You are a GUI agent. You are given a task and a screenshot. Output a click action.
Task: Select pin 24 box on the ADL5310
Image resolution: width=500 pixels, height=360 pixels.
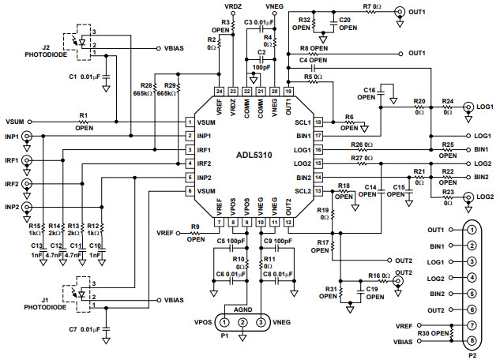[220, 91]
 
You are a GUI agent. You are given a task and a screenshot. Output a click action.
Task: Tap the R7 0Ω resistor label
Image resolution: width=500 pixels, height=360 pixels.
[372, 6]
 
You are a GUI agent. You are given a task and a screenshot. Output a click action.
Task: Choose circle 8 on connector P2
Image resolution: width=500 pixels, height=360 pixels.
[472, 342]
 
